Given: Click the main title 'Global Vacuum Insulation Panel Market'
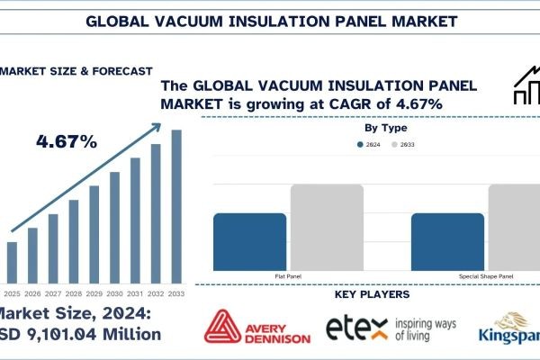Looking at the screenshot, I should (269, 19).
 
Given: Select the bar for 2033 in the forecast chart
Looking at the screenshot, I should (176, 207).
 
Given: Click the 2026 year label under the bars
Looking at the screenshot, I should (32, 293).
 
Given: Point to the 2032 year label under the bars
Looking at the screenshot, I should (156, 293).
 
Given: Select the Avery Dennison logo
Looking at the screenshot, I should (257, 328).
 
